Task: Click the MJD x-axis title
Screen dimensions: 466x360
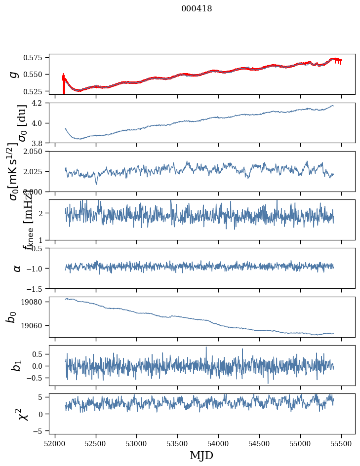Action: pos(201,455)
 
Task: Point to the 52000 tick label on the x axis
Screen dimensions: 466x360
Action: pos(55,443)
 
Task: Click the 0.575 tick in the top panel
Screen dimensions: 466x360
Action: pos(36,58)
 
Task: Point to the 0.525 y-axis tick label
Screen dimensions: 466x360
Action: pos(36,91)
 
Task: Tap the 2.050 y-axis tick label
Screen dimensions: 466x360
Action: pos(36,152)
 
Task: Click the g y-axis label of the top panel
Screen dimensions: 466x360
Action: pos(15,74)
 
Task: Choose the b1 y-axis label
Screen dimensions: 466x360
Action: pos(17,365)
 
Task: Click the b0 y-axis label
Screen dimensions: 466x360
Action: pos(11,317)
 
